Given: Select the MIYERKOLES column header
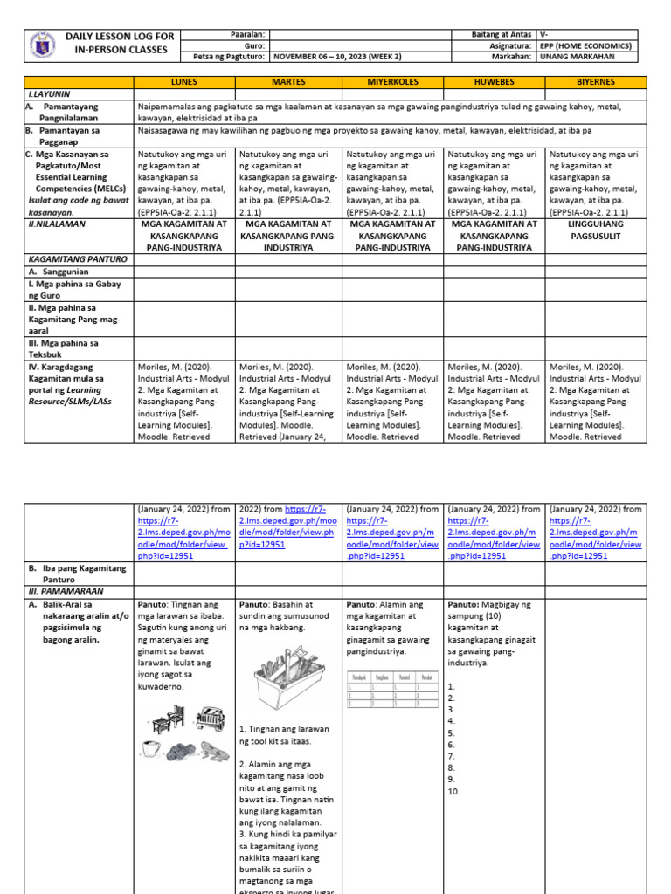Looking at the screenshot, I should (392, 81).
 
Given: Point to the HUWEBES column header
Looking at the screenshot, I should (495, 81).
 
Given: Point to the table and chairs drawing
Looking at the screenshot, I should (165, 720).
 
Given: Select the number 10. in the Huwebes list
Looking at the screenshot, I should (453, 792).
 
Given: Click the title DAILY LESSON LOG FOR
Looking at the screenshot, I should (108, 36).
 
